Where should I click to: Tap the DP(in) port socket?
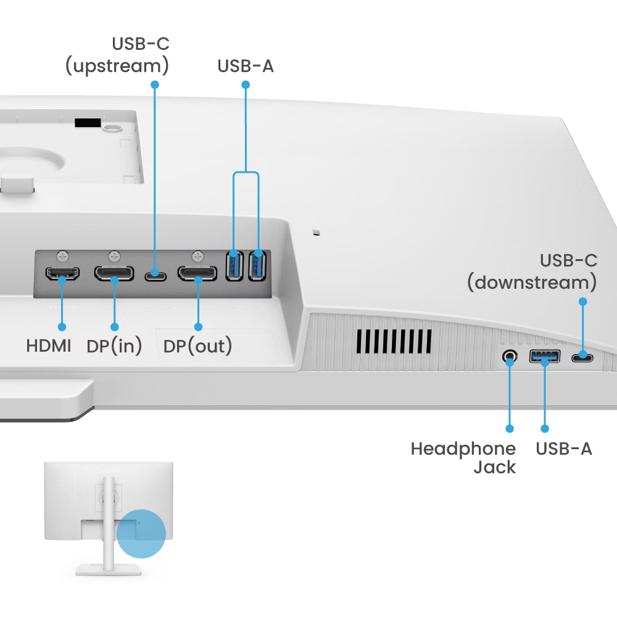[x=114, y=273]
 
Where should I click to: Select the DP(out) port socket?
[x=197, y=273]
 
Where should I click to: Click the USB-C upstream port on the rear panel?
[x=155, y=274]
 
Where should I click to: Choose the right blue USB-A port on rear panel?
[x=257, y=265]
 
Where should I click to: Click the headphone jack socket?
[x=510, y=357]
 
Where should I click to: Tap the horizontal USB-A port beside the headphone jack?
[x=545, y=356]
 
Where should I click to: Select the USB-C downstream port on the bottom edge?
[x=582, y=357]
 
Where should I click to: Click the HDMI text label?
[x=48, y=346]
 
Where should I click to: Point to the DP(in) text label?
[x=114, y=346]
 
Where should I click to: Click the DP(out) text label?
[x=197, y=346]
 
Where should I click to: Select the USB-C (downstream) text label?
[x=532, y=271]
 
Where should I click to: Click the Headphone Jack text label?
[x=463, y=458]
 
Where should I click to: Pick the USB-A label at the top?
[x=245, y=66]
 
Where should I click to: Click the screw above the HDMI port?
[x=62, y=255]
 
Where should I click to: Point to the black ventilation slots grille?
[x=394, y=340]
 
